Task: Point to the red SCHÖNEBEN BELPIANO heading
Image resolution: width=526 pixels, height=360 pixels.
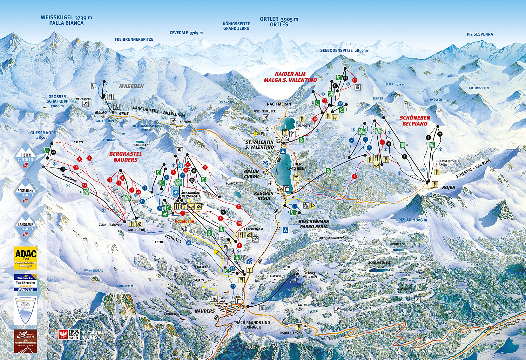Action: coord(415,121)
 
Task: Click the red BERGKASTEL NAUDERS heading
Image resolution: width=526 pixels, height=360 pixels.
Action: coord(126,157)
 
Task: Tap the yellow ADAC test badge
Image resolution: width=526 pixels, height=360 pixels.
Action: coord(26,258)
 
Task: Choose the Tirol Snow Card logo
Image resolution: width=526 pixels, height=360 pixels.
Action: coord(69,334)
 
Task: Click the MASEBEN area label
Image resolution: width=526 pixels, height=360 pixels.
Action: coord(131,86)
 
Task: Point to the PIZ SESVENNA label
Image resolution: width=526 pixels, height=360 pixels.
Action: coord(480,34)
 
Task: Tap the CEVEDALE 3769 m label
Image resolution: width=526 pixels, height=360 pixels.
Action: coord(186,33)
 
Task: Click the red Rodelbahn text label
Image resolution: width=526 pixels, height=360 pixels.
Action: coord(184,221)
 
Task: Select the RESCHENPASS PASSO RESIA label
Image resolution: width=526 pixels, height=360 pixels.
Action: coord(313,224)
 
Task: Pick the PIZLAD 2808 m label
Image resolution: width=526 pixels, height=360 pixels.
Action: coord(412,220)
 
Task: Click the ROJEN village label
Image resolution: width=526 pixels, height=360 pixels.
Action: coord(449,188)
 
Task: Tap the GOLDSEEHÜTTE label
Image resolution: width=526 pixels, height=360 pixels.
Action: coord(139,230)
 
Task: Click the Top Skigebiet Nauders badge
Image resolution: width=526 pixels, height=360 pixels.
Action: coord(26,283)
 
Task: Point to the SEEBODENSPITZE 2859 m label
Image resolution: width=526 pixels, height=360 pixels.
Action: coord(344,50)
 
